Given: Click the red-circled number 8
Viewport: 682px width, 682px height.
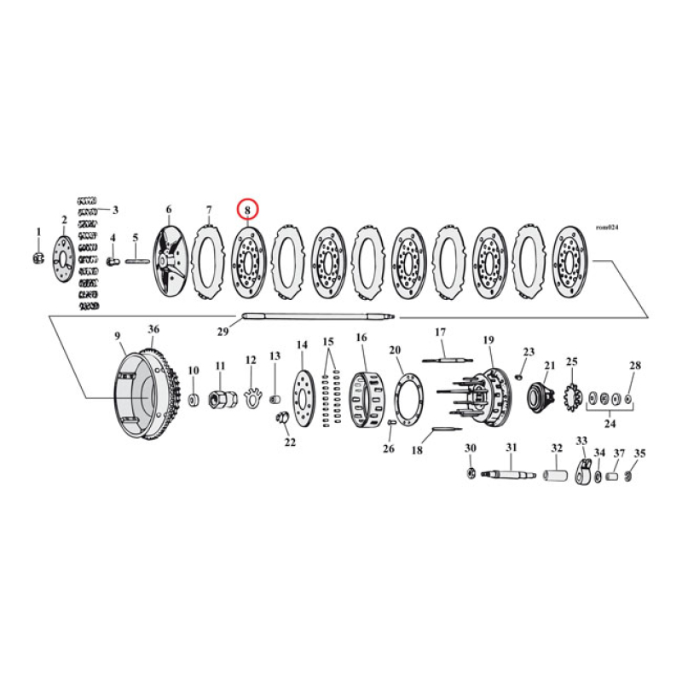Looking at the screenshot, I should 246,208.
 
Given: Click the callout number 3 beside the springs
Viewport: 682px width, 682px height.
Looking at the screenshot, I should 115,210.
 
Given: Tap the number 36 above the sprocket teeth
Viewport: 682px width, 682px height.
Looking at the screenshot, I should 153,329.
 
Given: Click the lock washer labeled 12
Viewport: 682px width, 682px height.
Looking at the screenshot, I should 251,397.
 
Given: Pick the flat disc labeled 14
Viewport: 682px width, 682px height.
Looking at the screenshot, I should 303,399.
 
